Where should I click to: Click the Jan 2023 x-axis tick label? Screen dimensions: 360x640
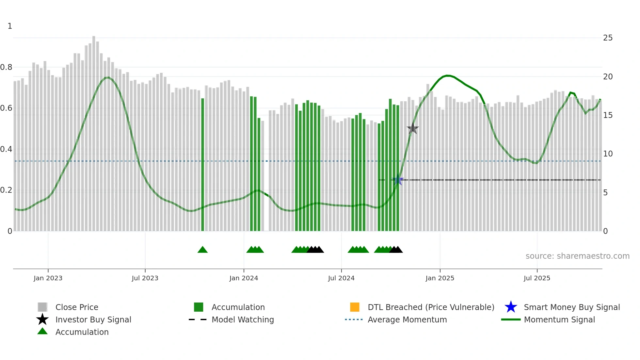point(48,278)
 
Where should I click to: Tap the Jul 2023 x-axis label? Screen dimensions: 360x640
point(145,278)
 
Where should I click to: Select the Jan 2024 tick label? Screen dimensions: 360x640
point(244,278)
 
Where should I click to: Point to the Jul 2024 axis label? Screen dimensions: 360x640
point(341,278)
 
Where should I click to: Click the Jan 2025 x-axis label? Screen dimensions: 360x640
point(440,278)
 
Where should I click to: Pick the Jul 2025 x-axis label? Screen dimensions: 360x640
point(537,278)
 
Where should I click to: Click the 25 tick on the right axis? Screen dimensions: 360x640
point(608,38)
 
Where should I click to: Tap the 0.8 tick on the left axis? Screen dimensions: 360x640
point(6,67)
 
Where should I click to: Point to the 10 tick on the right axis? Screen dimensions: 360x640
point(608,154)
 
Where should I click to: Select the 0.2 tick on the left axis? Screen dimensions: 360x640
point(6,190)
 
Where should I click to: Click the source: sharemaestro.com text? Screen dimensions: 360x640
point(577,256)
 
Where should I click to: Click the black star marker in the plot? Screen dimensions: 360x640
point(413,129)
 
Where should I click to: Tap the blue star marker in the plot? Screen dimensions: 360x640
point(397,180)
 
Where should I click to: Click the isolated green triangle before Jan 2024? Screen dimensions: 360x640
point(202,250)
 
